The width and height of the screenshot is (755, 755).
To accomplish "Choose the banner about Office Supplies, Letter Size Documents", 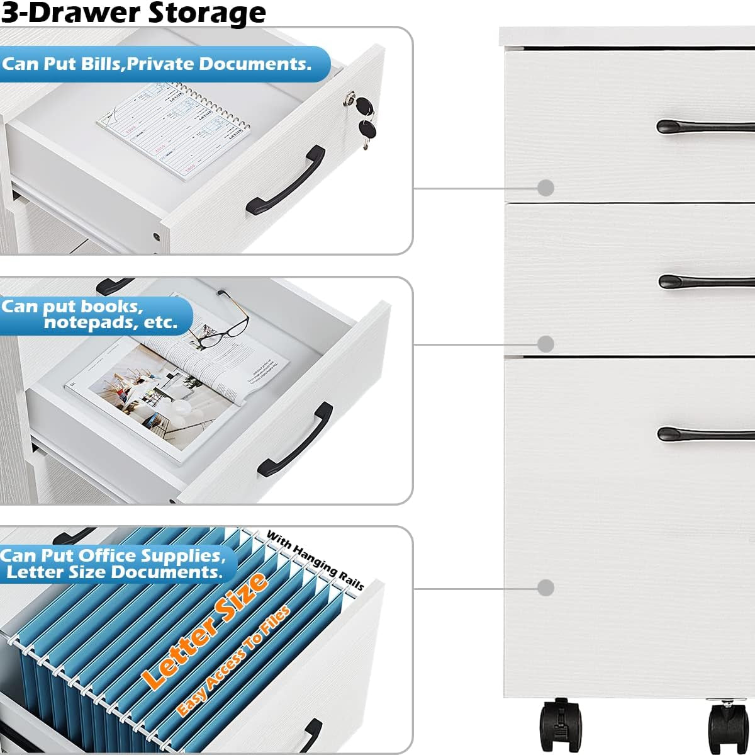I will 113,564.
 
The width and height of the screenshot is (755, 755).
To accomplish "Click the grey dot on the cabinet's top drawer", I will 546,188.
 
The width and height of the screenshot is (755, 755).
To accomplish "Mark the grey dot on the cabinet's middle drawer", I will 546,344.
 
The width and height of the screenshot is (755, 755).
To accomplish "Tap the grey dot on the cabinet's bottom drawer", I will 546,588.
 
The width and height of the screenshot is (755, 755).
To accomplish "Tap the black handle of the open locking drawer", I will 286,182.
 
